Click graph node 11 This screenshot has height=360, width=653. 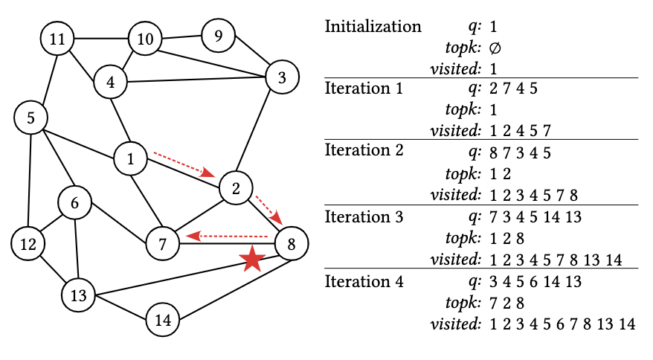[x=57, y=39]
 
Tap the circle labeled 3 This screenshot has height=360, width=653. [x=281, y=77]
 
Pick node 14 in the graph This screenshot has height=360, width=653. [x=163, y=320]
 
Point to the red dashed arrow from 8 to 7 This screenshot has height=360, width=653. [x=226, y=236]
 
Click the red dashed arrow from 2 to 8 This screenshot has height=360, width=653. [x=268, y=209]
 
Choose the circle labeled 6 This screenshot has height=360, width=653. [x=74, y=202]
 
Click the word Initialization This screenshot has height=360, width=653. [x=373, y=27]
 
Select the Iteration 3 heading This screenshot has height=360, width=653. [x=364, y=218]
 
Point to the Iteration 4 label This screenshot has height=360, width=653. [x=364, y=282]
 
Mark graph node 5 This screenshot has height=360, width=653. [x=31, y=118]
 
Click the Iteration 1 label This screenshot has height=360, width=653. [x=364, y=89]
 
